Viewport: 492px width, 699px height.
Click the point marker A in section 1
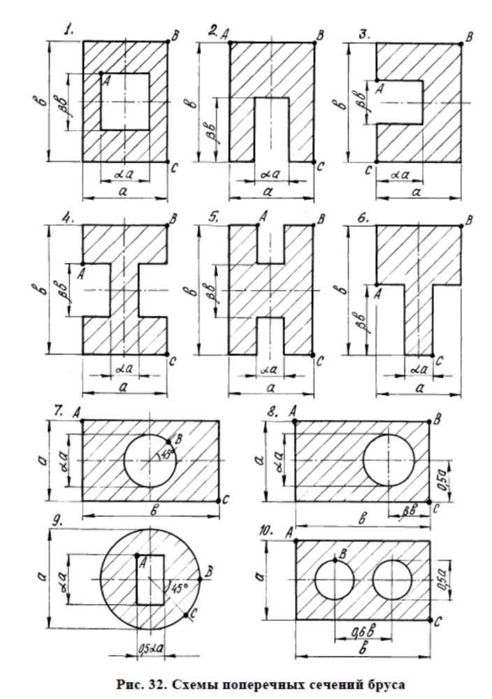click(101, 73)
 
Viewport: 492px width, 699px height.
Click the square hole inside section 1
click(124, 101)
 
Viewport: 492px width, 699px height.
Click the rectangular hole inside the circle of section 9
click(150, 579)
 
